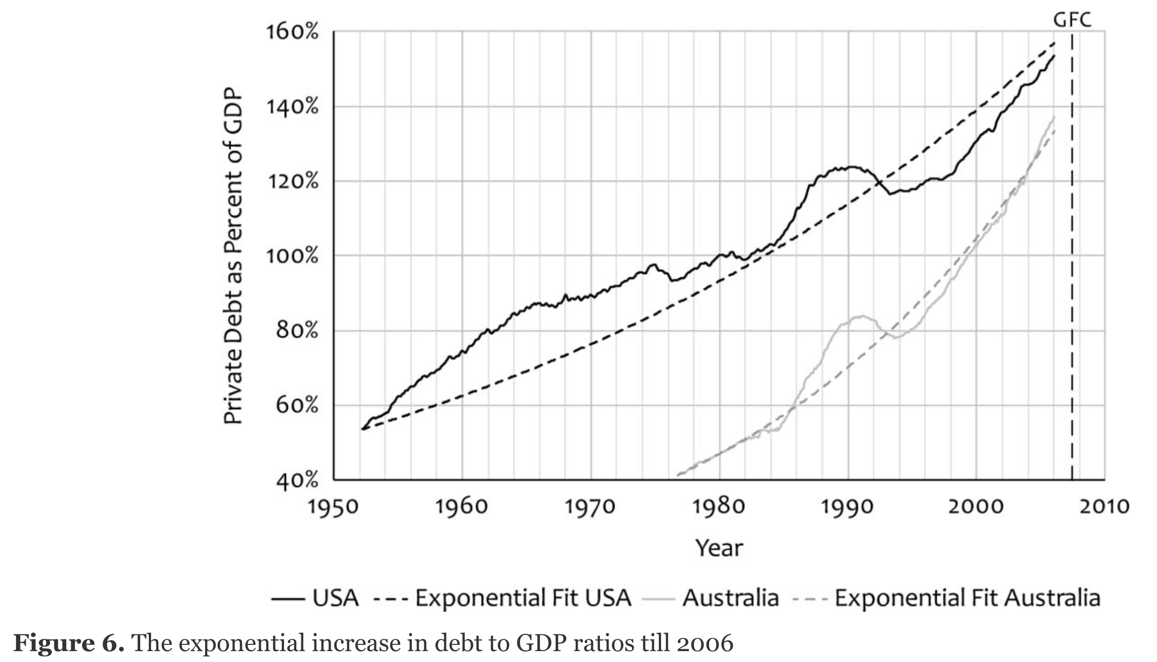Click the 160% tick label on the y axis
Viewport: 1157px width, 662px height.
[292, 32]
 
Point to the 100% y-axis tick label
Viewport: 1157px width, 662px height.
[292, 256]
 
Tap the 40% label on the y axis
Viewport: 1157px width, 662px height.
[297, 481]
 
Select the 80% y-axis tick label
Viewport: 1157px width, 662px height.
[297, 331]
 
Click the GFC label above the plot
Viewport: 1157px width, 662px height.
[1072, 20]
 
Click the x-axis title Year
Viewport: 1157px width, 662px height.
[719, 548]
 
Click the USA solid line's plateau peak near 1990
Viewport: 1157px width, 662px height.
[850, 167]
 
